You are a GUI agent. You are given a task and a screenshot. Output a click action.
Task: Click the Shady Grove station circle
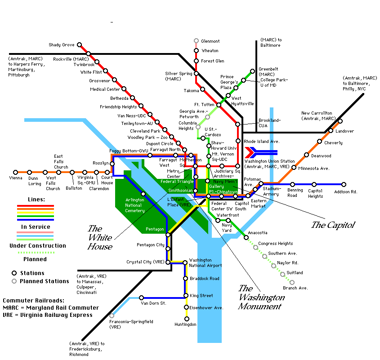(x=79, y=45)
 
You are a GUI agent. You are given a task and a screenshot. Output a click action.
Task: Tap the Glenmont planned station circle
(x=197, y=41)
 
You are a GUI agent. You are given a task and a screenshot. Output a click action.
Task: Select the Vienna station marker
(x=15, y=172)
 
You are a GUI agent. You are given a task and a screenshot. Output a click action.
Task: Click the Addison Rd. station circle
(x=344, y=184)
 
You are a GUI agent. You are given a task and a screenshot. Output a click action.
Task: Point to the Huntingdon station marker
(x=187, y=319)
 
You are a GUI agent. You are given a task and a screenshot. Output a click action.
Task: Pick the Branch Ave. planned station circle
(x=292, y=283)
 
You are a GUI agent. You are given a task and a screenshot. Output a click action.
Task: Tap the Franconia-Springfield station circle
(x=112, y=316)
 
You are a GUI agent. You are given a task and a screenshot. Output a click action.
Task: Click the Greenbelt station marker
(x=253, y=71)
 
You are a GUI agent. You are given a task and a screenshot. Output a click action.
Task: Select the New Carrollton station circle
(x=340, y=121)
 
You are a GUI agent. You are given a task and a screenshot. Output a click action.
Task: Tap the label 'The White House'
(x=100, y=237)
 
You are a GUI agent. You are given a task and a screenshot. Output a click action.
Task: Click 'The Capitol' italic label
(x=333, y=225)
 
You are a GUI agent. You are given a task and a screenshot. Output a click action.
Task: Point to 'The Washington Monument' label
(x=261, y=297)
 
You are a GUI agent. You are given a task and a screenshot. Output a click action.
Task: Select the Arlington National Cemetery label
(x=135, y=205)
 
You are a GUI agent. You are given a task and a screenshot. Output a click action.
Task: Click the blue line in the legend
(x=36, y=220)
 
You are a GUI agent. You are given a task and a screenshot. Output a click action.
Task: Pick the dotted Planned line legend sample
(x=36, y=253)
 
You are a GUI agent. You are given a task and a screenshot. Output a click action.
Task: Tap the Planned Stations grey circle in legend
(x=14, y=281)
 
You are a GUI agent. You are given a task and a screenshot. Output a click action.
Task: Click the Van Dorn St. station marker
(x=141, y=298)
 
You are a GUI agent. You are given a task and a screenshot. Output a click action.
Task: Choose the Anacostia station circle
(x=246, y=237)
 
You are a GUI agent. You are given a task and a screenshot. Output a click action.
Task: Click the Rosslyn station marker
(x=112, y=164)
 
